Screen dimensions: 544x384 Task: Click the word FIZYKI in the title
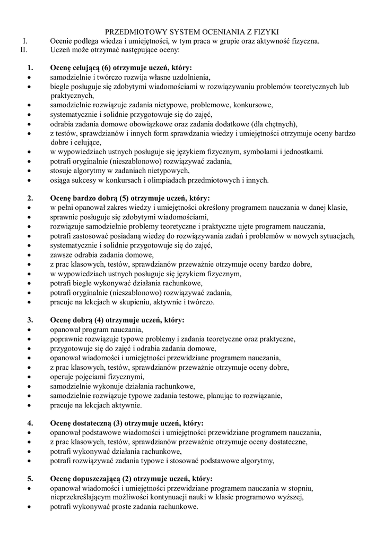pos(265,32)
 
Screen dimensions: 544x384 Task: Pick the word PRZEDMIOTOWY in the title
pos(136,32)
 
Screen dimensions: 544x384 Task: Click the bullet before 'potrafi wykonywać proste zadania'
pos(29,507)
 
